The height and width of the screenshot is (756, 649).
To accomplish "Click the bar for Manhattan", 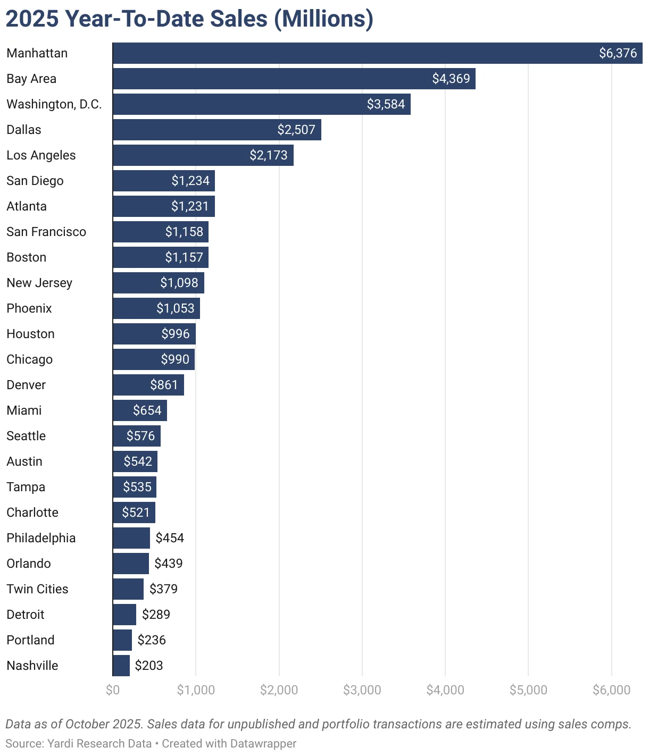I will click(x=351, y=53).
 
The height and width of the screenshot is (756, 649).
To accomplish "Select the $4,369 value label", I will click(x=451, y=79).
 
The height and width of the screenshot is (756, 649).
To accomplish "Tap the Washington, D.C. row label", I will click(x=54, y=104).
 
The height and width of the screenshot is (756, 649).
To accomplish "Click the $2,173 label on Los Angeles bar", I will click(x=268, y=155).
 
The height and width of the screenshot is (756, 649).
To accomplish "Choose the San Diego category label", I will click(x=35, y=181).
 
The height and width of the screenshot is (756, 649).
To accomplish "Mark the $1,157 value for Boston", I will click(x=184, y=257).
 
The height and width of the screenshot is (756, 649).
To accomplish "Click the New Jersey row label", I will click(x=39, y=283).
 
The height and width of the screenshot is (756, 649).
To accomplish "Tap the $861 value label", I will click(x=163, y=385).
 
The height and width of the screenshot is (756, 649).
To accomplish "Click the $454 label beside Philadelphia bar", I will click(x=170, y=538).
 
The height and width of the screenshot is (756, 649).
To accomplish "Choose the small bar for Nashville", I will click(x=121, y=666).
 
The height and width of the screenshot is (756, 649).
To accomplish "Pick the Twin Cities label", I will click(x=37, y=589).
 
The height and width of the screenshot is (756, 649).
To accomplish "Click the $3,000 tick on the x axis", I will click(x=362, y=690).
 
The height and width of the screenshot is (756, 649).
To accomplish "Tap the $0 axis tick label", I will click(x=113, y=690).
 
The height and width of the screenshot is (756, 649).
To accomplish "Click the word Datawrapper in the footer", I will click(x=263, y=743).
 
